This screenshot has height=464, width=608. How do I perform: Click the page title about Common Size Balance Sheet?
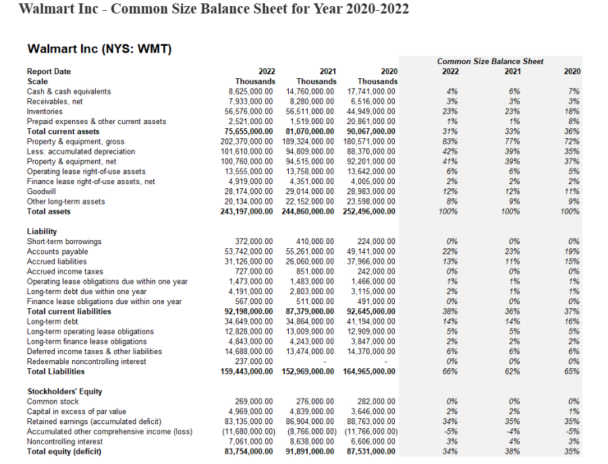coord(213,9)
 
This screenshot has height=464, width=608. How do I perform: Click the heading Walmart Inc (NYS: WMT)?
coord(99,49)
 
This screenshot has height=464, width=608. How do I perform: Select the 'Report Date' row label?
coord(49,71)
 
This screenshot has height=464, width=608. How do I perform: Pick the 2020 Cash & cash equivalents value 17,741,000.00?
coord(371,91)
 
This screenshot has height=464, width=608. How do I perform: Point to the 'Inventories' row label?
coord(45,111)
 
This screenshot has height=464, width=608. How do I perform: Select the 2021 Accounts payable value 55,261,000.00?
coord(310,252)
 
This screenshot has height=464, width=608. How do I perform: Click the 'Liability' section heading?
coord(42,231)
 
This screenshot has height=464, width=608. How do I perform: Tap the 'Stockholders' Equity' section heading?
coord(64,391)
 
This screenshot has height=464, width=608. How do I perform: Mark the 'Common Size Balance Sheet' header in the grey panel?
coord(490,61)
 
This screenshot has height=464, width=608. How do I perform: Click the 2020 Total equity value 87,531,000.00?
coord(371,451)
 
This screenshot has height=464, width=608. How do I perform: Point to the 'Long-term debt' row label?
coord(51,322)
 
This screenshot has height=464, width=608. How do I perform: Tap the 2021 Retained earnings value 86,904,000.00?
coord(310,422)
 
